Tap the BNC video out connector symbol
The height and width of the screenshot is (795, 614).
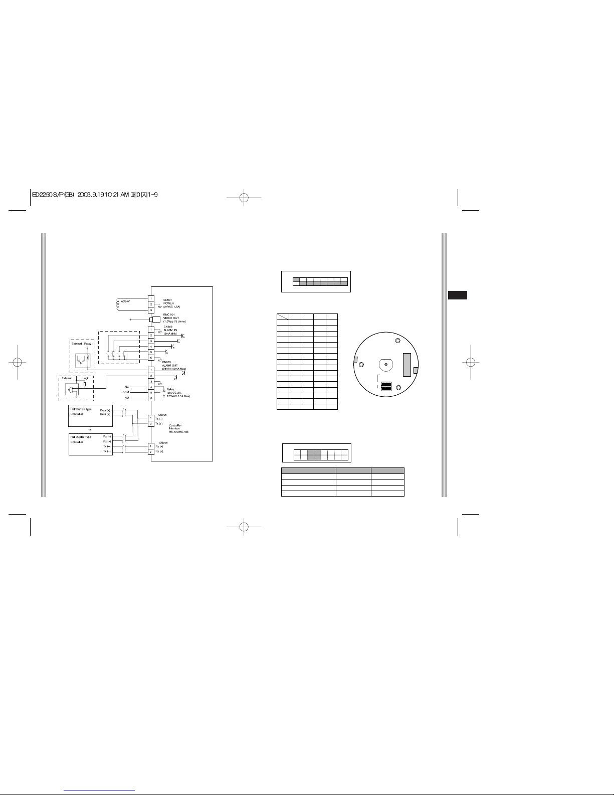tap(155, 319)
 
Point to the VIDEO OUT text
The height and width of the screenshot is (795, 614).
tap(171, 317)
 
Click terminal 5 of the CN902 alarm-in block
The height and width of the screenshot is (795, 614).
tap(151, 353)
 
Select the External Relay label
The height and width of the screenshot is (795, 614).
tap(81, 344)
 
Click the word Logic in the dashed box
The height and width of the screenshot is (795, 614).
tap(86, 378)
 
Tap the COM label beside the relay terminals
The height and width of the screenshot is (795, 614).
tap(126, 392)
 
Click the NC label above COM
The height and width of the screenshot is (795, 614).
tap(126, 386)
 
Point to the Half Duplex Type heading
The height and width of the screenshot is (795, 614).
tap(81, 409)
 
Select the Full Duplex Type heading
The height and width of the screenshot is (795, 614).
tap(80, 436)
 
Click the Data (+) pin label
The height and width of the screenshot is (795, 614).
tap(105, 414)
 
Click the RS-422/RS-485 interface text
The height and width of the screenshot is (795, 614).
tap(178, 431)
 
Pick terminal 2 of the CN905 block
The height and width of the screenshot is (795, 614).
tap(151, 452)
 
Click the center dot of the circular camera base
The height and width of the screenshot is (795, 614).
tap(385, 364)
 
